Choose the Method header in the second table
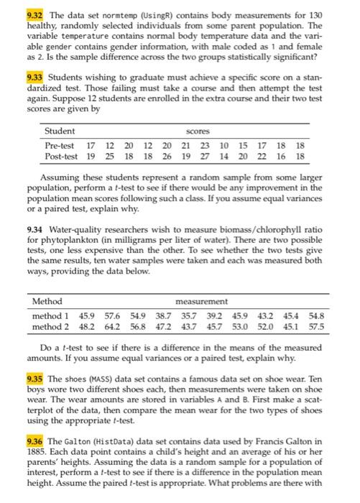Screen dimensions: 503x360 click(47, 300)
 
